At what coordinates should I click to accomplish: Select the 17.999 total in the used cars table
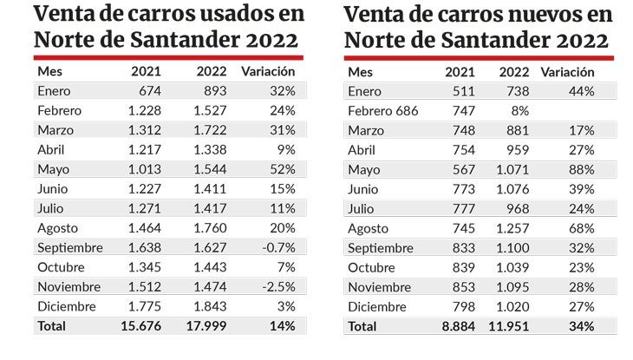tap(207, 326)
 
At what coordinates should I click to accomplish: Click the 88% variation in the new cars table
tap(582, 169)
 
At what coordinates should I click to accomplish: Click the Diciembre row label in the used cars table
tap(67, 306)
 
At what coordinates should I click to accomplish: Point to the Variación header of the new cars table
tap(568, 72)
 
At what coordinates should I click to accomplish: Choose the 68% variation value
tap(582, 228)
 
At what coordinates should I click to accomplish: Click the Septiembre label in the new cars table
tap(382, 247)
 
